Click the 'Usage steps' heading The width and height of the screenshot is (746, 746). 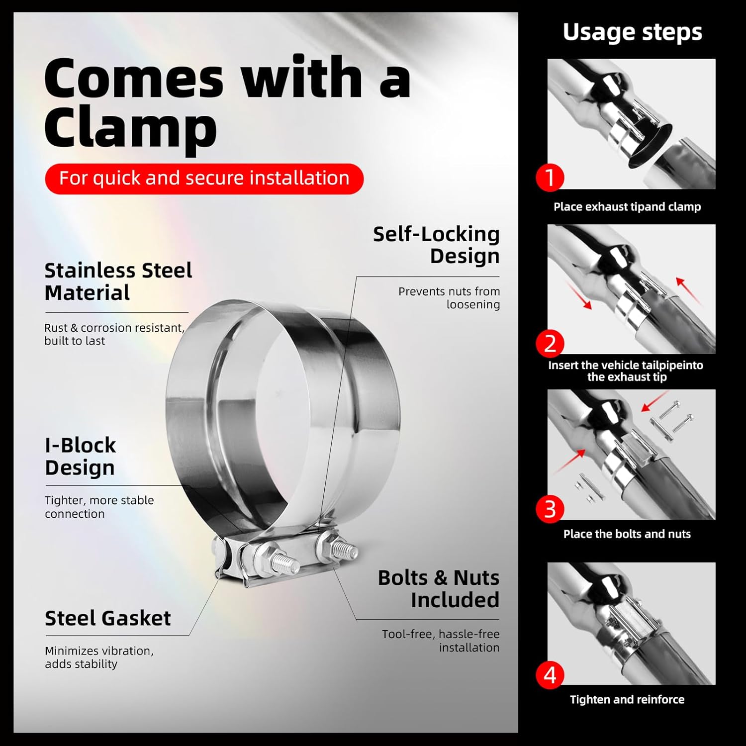632,32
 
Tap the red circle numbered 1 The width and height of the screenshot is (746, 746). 550,177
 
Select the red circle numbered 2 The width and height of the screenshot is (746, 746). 550,344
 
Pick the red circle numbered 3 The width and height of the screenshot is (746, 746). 550,509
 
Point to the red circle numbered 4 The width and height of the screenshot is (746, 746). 550,675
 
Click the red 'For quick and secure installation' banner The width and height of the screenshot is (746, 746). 204,178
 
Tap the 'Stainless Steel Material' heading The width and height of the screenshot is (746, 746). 118,281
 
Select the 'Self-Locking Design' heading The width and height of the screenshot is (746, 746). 436,245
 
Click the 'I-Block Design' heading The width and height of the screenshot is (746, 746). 80,456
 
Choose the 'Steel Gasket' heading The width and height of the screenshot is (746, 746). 108,618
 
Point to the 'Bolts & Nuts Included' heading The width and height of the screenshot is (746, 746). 438,589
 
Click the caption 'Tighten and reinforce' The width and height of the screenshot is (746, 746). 627,700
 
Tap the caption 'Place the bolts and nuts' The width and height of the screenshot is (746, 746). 627,534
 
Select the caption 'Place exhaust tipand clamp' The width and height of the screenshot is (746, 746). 627,207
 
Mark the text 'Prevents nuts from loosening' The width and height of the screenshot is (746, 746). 449,298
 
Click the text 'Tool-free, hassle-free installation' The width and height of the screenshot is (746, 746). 441,641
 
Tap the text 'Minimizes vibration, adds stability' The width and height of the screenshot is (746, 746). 99,657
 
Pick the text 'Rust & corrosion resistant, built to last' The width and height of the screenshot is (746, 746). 114,334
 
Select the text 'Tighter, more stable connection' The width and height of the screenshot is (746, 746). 99,507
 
